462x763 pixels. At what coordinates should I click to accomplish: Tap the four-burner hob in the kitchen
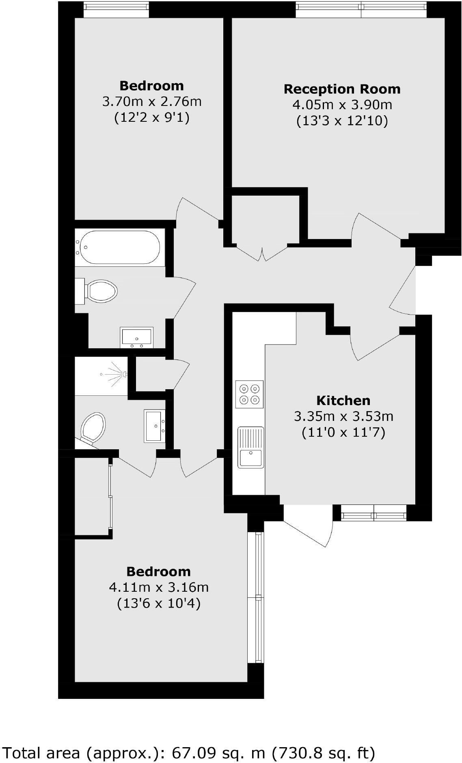coord(249,394)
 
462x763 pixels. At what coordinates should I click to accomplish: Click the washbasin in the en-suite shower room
coord(155,426)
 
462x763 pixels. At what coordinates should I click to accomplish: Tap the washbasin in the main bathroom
coord(137,337)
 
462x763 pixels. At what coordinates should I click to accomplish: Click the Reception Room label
coord(342,89)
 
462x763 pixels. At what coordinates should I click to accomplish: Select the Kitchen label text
coord(343,401)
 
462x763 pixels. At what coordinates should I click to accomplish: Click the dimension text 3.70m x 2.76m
coord(152,101)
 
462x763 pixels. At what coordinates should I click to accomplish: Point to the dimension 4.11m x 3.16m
coord(159,587)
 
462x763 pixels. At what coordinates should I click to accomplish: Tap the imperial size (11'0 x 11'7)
coord(343,432)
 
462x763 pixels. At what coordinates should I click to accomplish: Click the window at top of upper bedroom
coord(116,9)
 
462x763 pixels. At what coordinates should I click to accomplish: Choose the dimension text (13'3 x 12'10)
coord(342,121)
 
